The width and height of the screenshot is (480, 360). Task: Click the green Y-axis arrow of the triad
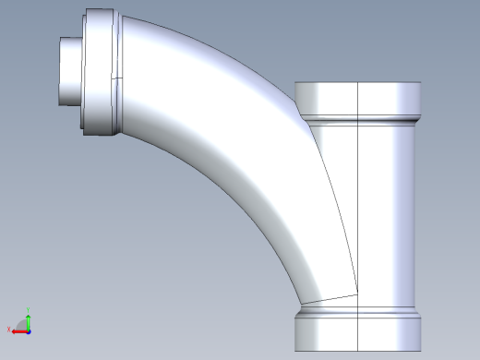click(29, 319)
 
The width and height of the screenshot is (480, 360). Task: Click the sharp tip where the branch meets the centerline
click(356, 295)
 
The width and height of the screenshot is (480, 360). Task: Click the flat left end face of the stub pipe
click(60, 71)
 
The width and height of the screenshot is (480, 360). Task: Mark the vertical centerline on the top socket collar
click(356, 98)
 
